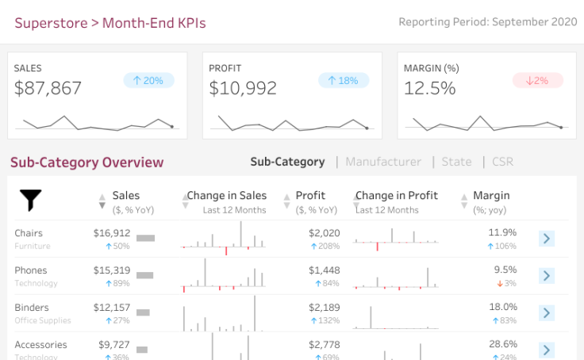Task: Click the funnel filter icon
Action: tap(30, 201)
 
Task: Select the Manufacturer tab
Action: tap(383, 162)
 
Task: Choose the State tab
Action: tap(456, 162)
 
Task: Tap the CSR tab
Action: tap(502, 162)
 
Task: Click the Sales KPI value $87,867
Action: tap(48, 88)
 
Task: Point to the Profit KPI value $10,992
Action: tap(243, 88)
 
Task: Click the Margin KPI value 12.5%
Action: tap(429, 88)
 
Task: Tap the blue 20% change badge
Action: tap(148, 80)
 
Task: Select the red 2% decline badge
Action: tap(537, 80)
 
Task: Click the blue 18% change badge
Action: tap(344, 80)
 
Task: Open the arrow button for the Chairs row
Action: tap(546, 239)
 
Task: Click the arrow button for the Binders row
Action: tap(546, 312)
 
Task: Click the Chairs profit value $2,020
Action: tap(324, 233)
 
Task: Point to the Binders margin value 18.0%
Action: tap(503, 307)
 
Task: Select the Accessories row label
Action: tap(40, 345)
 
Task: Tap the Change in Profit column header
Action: tap(397, 196)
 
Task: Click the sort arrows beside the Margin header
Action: tap(463, 201)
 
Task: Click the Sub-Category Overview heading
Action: tap(86, 163)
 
